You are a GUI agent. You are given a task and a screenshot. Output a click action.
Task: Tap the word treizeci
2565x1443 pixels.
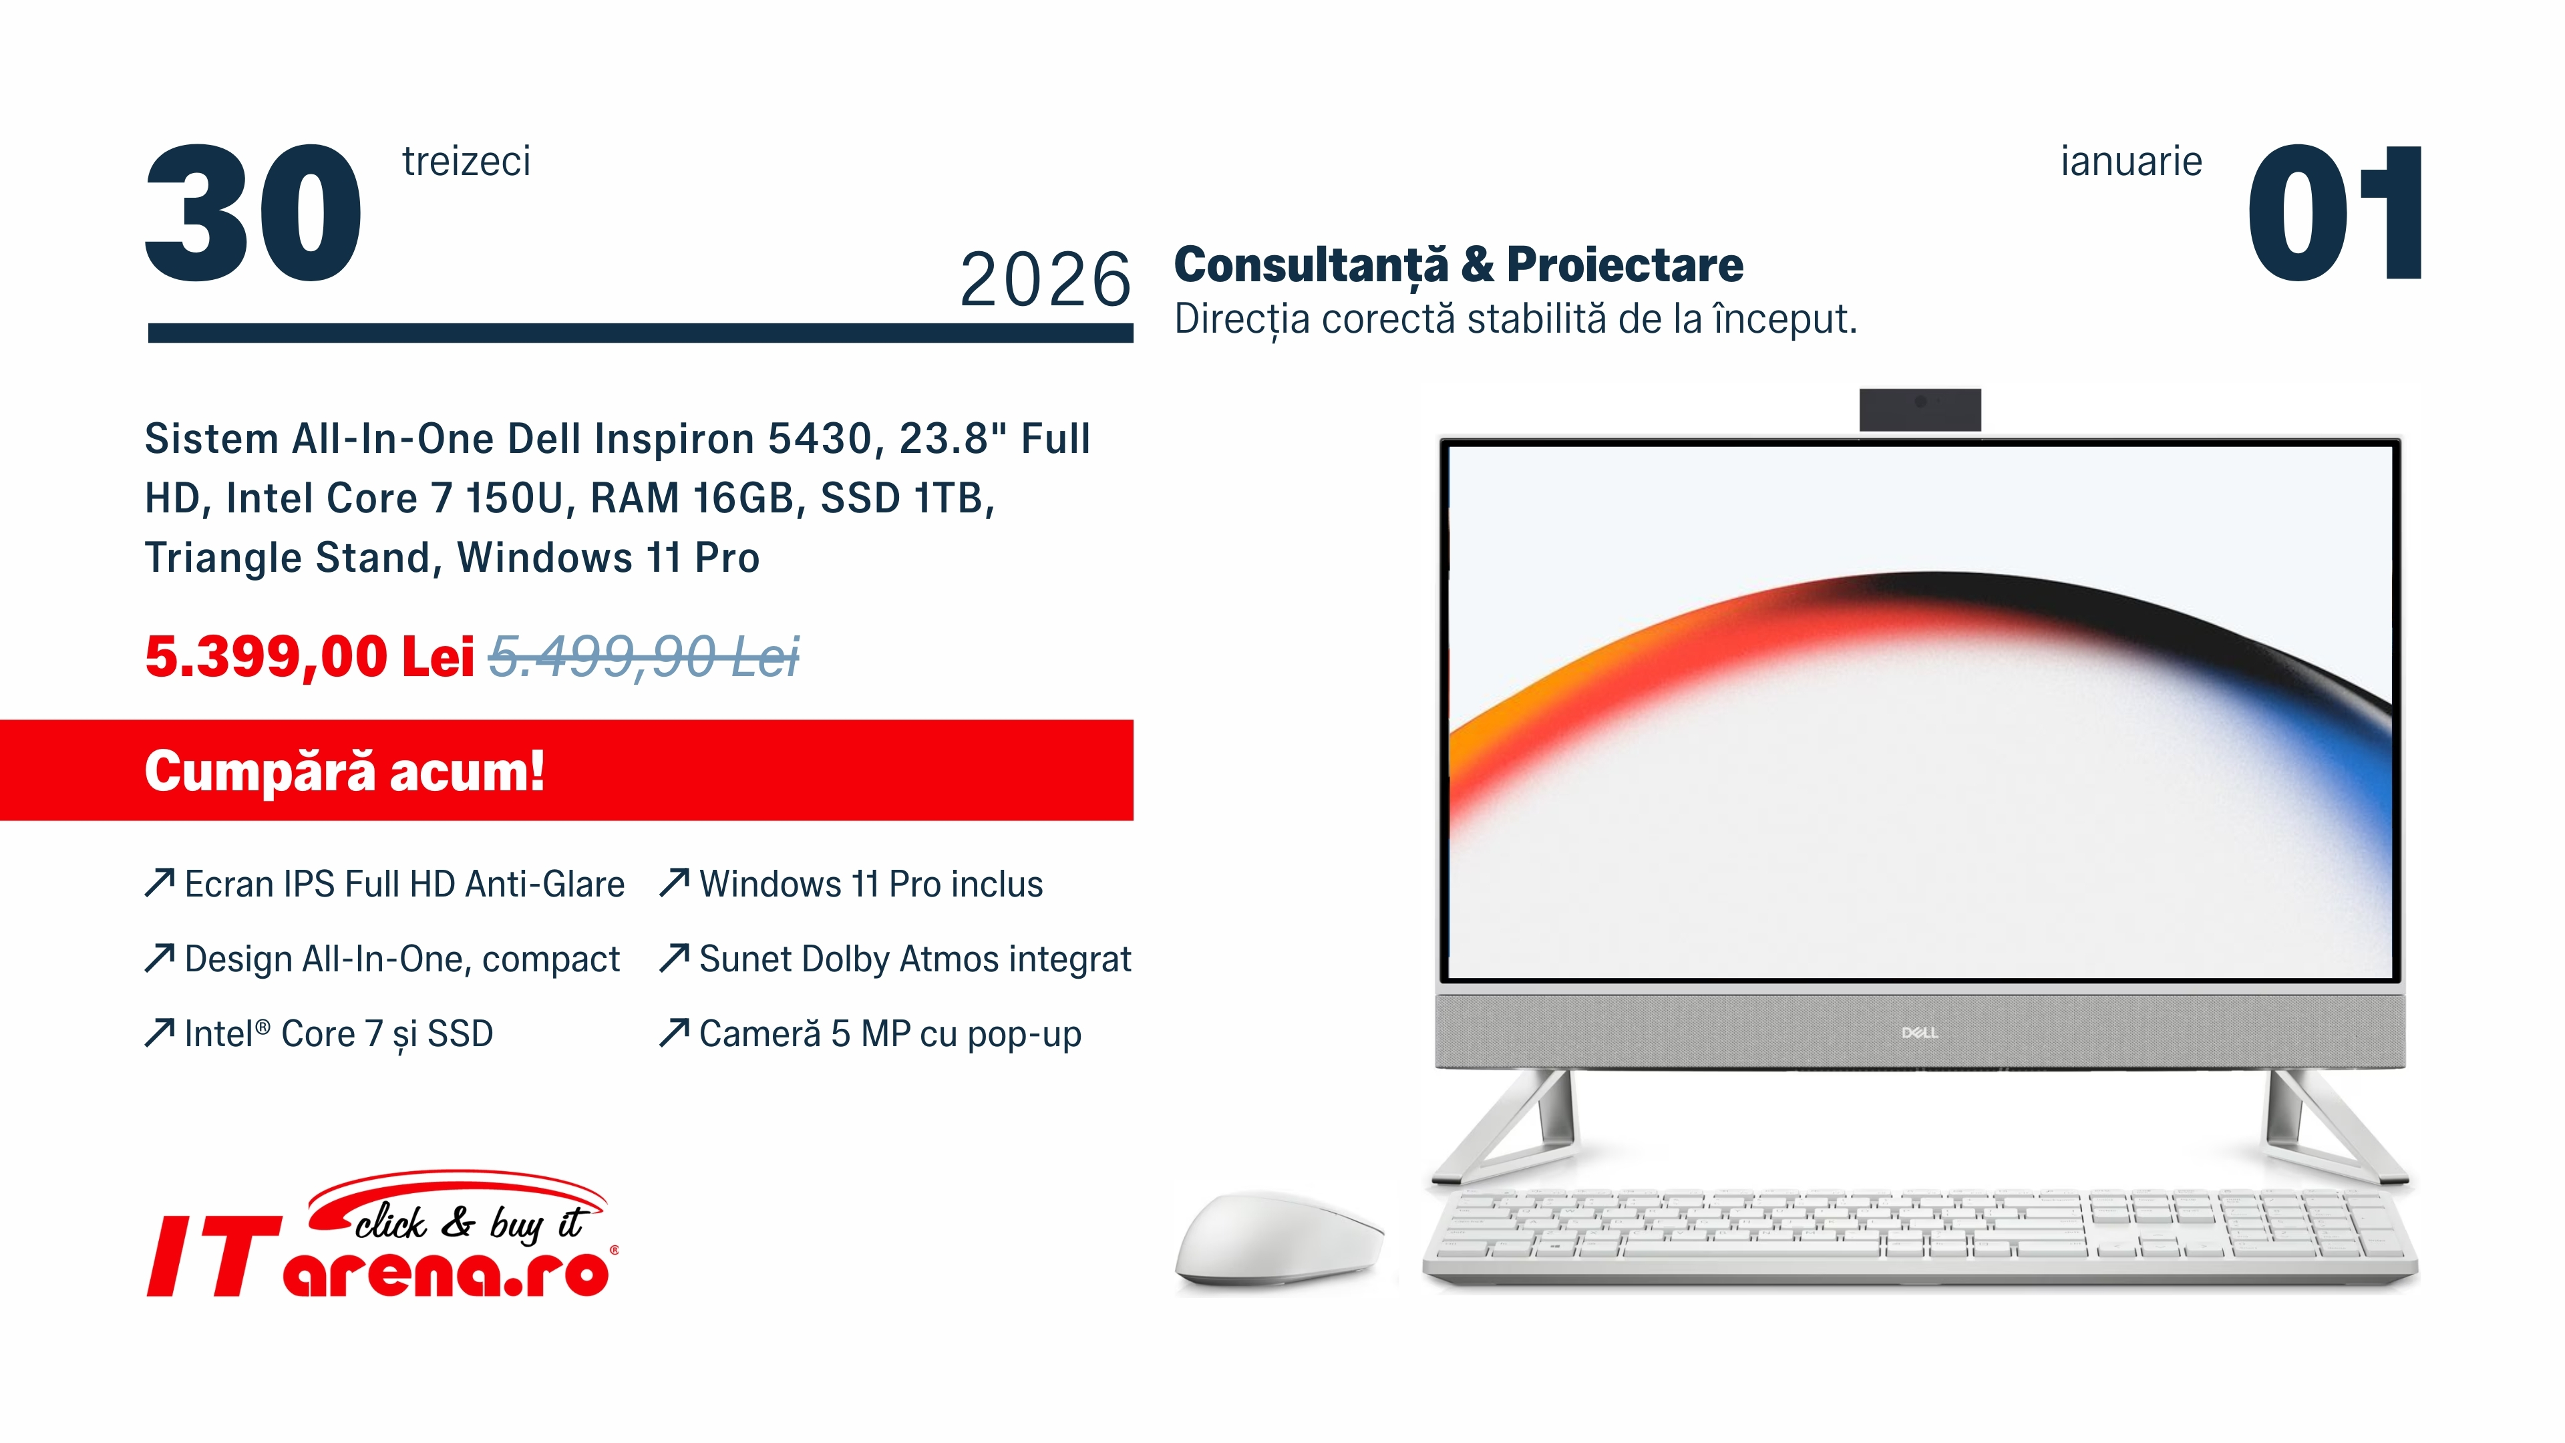click(466, 161)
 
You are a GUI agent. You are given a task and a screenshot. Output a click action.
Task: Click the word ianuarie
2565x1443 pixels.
click(2131, 161)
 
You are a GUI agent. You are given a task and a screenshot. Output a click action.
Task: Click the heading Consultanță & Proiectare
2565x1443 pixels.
click(1459, 265)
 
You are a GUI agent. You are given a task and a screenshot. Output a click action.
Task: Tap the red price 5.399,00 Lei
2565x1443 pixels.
click(310, 657)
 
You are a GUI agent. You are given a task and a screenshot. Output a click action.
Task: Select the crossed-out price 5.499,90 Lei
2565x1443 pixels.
click(644, 657)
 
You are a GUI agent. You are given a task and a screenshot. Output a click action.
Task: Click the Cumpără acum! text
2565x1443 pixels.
click(345, 772)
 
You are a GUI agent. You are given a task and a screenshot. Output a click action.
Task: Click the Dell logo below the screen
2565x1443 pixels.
click(1920, 1033)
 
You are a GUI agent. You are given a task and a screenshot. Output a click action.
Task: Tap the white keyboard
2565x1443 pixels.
click(1920, 1235)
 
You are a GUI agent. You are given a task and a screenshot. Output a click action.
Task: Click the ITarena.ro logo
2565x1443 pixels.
click(381, 1235)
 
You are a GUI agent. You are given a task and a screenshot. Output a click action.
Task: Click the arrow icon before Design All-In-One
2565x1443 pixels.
click(160, 958)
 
